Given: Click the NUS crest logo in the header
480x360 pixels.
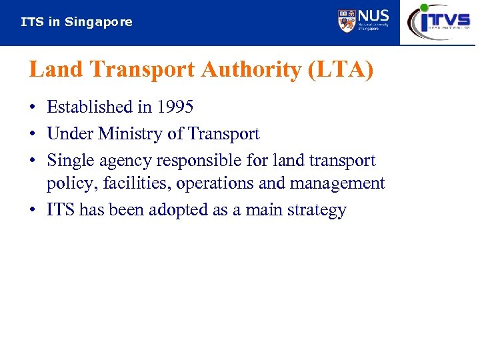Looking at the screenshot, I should tap(347, 21).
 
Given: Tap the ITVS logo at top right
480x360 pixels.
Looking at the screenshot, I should tap(439, 21).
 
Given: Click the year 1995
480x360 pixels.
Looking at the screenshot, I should tap(175, 107).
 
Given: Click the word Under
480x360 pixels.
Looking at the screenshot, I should tap(70, 133).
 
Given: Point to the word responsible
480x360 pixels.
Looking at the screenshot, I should tap(203, 161).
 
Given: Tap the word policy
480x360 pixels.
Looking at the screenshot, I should tap(72, 184).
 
